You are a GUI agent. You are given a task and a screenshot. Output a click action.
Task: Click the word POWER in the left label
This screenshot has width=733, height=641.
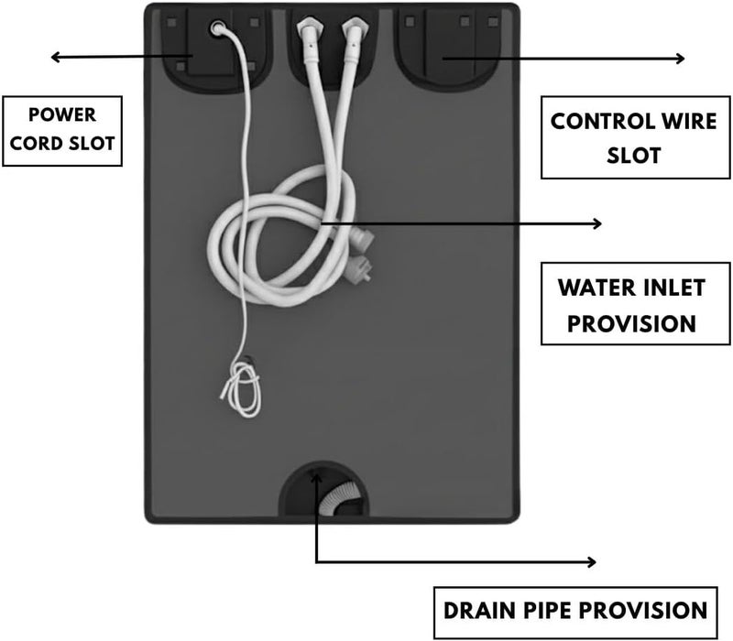[62, 115]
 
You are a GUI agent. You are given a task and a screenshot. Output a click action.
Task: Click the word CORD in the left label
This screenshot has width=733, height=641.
[36, 144]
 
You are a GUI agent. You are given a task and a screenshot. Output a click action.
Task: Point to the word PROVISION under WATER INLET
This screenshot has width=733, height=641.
[631, 324]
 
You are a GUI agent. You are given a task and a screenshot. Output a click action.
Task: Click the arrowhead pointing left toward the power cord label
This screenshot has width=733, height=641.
[55, 57]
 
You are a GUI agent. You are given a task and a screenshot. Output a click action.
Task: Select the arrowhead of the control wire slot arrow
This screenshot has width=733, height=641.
[680, 59]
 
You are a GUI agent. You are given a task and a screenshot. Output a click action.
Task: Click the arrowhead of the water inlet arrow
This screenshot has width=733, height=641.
[597, 223]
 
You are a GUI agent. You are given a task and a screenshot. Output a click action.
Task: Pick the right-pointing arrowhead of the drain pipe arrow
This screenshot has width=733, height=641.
[591, 562]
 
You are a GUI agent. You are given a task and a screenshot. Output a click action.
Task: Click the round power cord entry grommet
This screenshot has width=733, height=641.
[217, 28]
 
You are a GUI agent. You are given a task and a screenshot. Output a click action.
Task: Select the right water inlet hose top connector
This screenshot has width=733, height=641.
[353, 32]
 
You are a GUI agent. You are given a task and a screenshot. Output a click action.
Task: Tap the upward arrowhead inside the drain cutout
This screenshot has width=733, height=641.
[316, 477]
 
